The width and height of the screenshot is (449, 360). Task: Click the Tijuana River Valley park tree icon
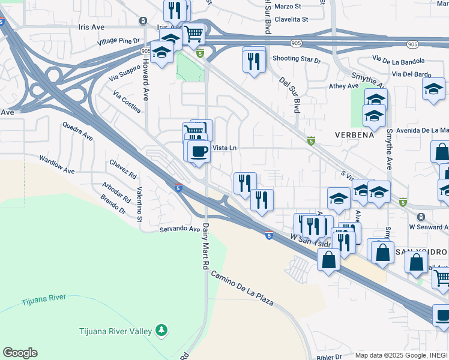[x=161, y=329]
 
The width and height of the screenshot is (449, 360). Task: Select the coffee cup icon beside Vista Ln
[x=199, y=151]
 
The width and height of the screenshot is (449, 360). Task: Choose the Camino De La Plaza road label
[x=241, y=289]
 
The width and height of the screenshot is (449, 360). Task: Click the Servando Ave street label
[x=179, y=229]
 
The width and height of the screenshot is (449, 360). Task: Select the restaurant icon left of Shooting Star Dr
[x=254, y=59]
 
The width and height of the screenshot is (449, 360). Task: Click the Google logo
[x=19, y=353]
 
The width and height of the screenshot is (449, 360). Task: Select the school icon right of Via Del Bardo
[x=433, y=89]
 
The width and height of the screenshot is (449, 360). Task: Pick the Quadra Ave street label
[x=77, y=131]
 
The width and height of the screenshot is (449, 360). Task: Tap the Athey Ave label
[x=344, y=86]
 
